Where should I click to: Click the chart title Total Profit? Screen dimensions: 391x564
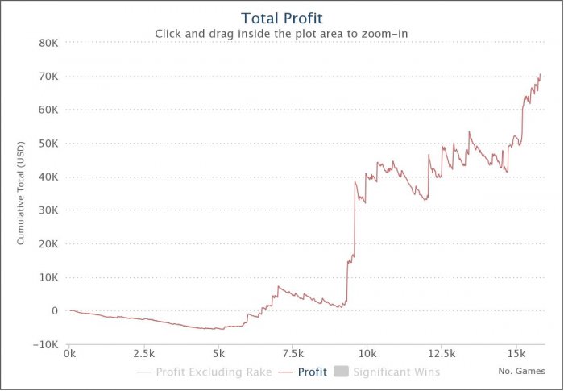282,18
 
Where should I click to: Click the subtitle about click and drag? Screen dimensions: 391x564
282,34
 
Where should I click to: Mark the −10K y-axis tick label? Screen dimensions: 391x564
46,344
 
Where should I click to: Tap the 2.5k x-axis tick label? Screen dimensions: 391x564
144,354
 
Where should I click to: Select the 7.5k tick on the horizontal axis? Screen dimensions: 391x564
293,354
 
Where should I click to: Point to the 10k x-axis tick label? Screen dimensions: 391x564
367,354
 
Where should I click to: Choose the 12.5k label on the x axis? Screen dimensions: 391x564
442,354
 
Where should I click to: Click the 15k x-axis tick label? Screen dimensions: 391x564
516,354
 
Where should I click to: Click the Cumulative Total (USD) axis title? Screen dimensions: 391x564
22,193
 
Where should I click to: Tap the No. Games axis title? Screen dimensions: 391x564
521,372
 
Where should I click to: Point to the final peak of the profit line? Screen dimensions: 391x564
540,74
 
